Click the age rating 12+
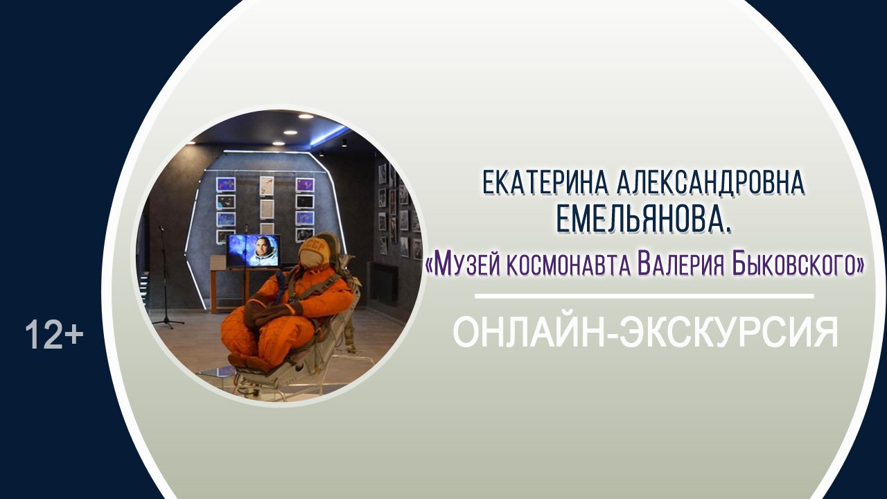click(x=54, y=335)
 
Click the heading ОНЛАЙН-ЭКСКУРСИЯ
click(x=645, y=333)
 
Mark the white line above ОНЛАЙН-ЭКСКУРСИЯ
click(x=644, y=297)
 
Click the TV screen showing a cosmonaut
click(x=254, y=250)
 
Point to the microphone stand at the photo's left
click(x=165, y=277)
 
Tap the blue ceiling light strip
click(x=329, y=134)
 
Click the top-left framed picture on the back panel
click(x=226, y=184)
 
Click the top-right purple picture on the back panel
click(x=305, y=184)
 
